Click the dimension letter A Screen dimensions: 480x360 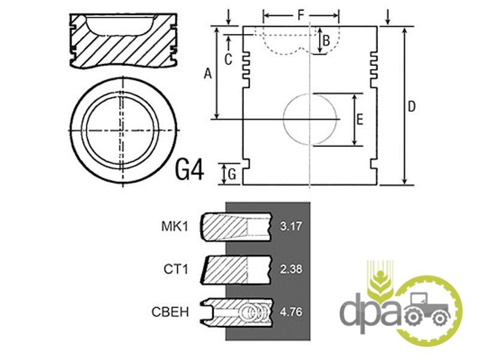(x=208, y=74)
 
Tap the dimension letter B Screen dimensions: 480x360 (x=326, y=41)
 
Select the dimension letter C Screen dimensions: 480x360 (x=228, y=59)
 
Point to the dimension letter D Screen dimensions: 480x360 (x=412, y=107)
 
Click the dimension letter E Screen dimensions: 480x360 (x=360, y=119)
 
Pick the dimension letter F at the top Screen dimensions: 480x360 (x=301, y=15)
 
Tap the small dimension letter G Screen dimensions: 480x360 (x=232, y=175)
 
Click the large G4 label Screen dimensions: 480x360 (x=190, y=170)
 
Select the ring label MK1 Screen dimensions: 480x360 (x=175, y=227)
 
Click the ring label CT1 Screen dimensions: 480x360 (x=176, y=269)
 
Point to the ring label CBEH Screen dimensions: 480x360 (x=170, y=312)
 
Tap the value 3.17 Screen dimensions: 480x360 (x=291, y=227)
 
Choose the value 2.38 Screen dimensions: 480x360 (x=291, y=269)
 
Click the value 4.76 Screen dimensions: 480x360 (x=291, y=312)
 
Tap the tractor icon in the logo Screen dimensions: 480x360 (x=427, y=308)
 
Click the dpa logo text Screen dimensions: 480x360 (x=370, y=312)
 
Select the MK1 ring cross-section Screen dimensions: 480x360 (x=236, y=227)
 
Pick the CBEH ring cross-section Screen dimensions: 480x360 (x=236, y=312)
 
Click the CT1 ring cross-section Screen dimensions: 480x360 (x=236, y=269)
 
